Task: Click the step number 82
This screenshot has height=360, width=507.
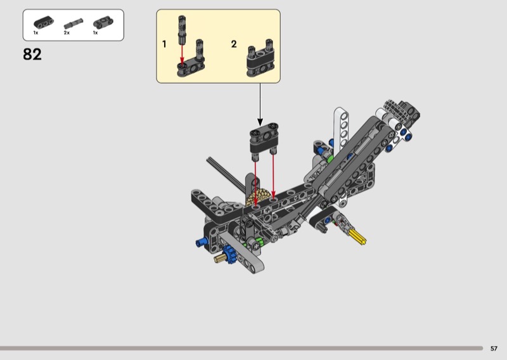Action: (32, 55)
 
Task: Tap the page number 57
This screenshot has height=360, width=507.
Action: (494, 349)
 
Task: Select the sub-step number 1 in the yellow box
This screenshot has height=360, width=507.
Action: (164, 44)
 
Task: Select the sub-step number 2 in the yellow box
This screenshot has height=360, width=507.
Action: (234, 44)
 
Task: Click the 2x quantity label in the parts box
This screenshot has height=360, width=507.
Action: (67, 33)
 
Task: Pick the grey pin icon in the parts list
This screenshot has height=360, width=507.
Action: (74, 24)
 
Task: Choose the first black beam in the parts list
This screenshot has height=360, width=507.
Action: (44, 23)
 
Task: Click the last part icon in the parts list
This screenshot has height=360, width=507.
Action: (103, 23)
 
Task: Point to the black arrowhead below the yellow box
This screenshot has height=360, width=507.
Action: (260, 122)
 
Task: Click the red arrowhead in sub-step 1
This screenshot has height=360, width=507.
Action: (182, 61)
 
